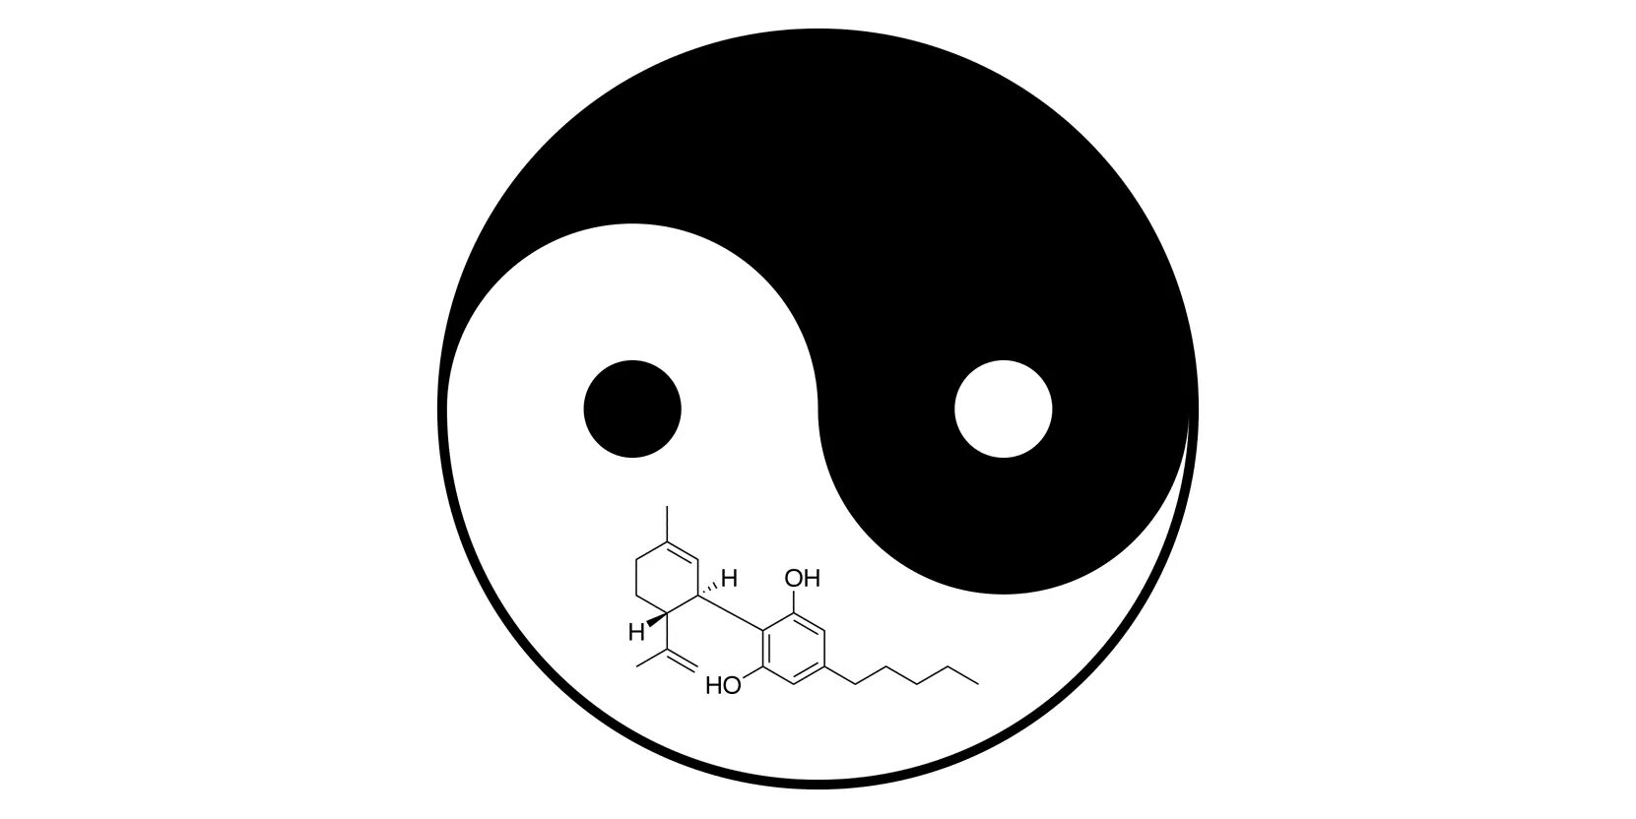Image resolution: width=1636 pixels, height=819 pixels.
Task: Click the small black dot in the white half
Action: tap(632, 409)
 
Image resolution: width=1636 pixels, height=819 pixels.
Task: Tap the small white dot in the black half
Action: tap(1003, 409)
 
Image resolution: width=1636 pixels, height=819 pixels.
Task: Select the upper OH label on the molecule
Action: tap(803, 578)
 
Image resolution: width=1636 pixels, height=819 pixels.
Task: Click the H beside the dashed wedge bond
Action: tap(730, 577)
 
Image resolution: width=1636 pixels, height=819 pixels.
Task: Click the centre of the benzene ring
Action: tap(793, 647)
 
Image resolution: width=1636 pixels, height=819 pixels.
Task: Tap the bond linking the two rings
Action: tap(732, 613)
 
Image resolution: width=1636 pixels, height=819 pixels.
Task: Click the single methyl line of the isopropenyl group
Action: tap(652, 658)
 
